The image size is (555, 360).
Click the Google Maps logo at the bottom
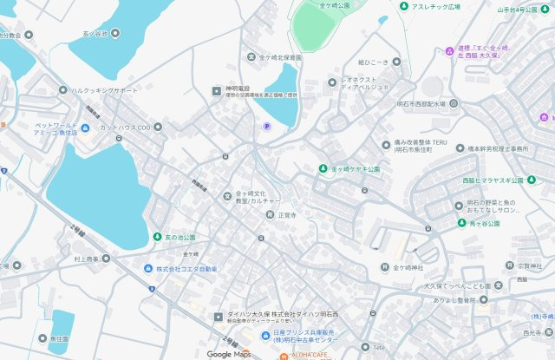click(x=229, y=354)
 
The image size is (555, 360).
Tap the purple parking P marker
click(x=266, y=127)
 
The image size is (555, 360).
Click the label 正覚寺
click(x=287, y=214)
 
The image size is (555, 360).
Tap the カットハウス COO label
click(x=125, y=128)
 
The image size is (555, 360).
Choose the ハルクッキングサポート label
click(x=104, y=90)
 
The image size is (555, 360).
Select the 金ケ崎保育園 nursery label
click(x=280, y=58)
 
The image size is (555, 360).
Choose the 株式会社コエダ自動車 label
click(x=186, y=269)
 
